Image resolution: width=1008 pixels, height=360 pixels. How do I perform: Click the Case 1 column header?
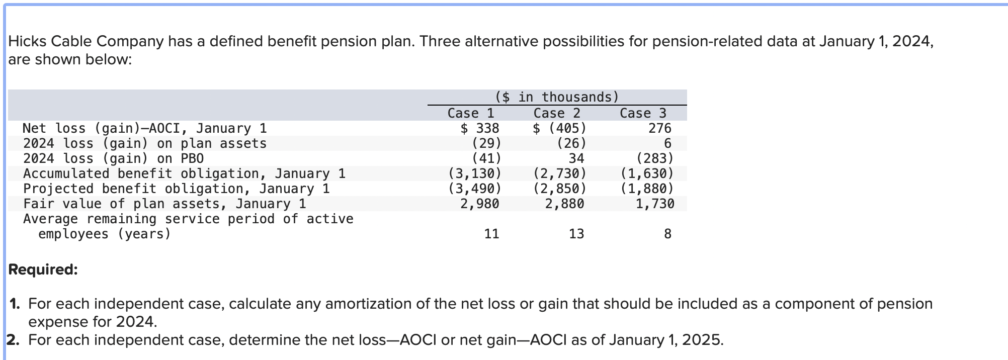[471, 113]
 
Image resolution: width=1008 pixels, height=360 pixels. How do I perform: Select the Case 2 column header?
[557, 113]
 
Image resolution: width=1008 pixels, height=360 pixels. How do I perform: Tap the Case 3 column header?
[643, 113]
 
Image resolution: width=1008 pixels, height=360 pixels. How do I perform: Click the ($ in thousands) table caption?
[557, 97]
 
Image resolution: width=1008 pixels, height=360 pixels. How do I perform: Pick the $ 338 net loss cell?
[480, 128]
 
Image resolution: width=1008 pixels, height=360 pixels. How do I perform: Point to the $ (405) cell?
[559, 128]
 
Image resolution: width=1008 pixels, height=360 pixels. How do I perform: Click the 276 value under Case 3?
[659, 128]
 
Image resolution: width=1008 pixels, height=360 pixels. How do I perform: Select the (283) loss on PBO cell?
[655, 158]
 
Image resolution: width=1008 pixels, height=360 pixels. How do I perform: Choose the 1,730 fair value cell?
[654, 204]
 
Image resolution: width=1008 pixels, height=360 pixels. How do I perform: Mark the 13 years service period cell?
[576, 234]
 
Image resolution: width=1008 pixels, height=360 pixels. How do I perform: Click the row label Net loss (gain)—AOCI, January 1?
[145, 128]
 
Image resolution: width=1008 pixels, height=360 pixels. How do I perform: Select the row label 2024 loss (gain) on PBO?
[114, 158]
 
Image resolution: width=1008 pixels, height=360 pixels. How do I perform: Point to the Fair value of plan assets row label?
[164, 204]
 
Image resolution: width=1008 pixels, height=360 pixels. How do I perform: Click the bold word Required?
[43, 269]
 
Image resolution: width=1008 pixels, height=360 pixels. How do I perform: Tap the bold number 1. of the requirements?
[15, 304]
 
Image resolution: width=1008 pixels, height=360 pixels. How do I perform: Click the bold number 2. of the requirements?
[14, 340]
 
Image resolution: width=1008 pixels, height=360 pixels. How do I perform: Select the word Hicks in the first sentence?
[28, 41]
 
